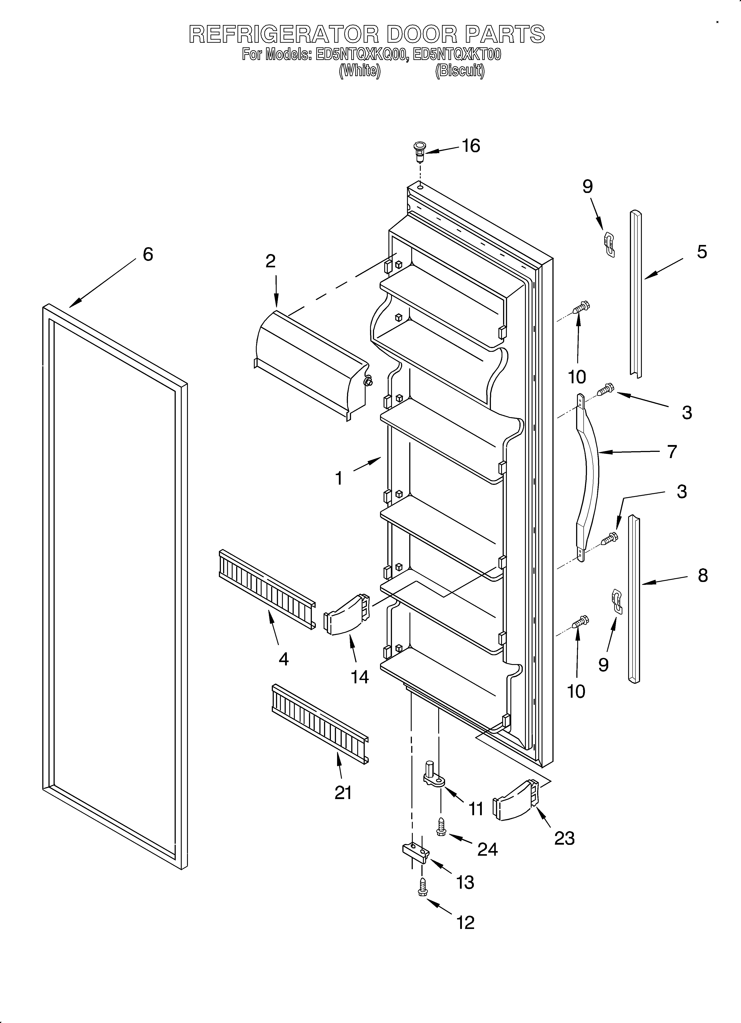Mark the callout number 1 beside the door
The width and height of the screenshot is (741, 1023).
coord(339,478)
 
